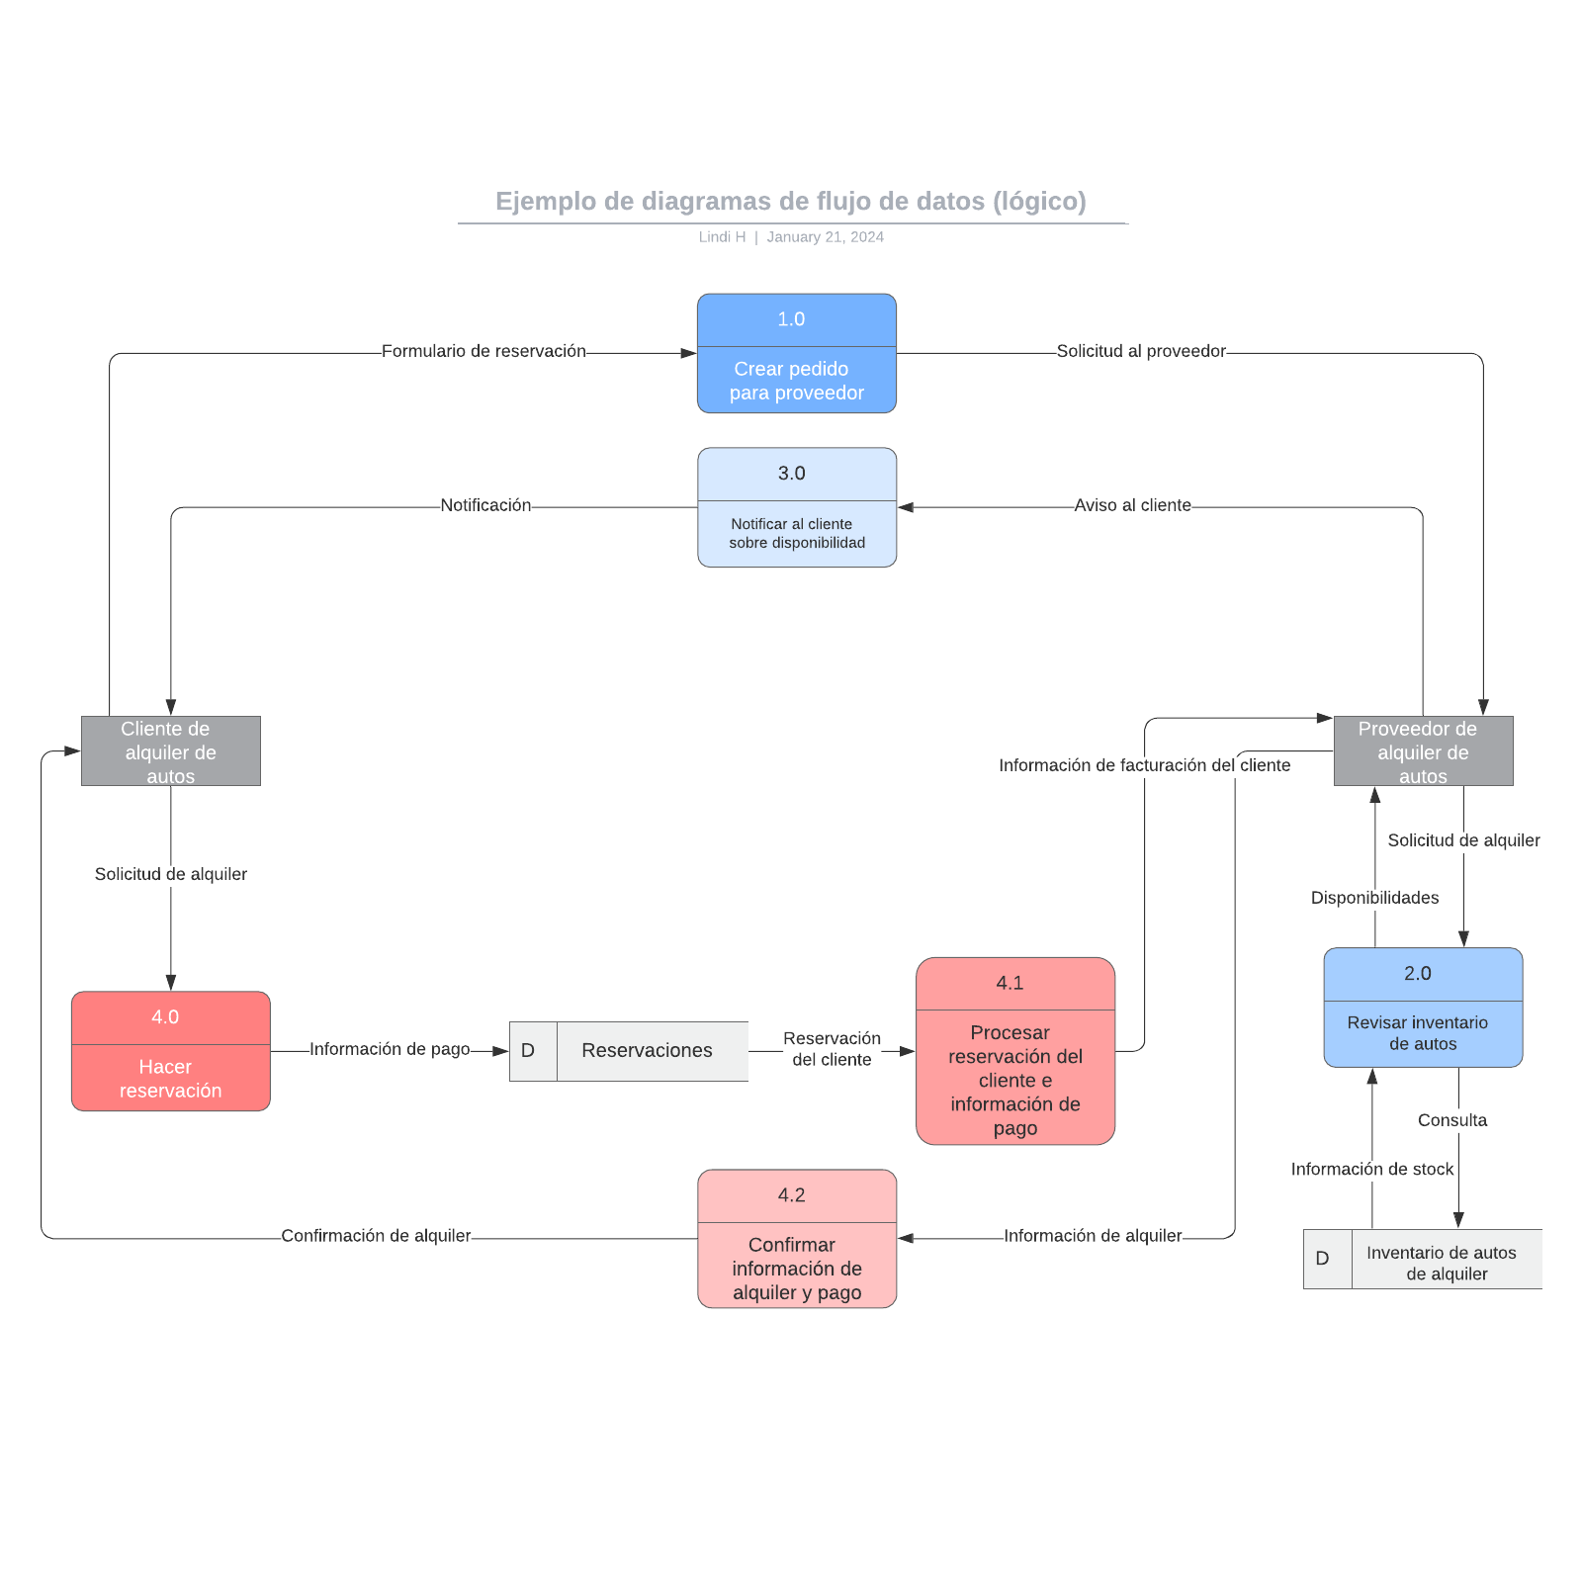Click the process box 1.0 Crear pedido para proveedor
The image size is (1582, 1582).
click(x=796, y=353)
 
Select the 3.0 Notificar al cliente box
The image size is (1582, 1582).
click(x=796, y=507)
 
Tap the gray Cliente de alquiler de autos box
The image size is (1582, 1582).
click(x=170, y=751)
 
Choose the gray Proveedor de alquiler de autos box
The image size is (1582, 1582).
click(x=1423, y=751)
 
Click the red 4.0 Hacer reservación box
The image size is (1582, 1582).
click(x=170, y=1051)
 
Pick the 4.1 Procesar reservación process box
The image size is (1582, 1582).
click(x=1014, y=1051)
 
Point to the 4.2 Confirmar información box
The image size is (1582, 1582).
click(x=796, y=1239)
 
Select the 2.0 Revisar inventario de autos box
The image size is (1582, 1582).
click(x=1423, y=1008)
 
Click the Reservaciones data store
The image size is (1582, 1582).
click(x=629, y=1051)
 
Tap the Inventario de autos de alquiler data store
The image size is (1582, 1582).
click(x=1423, y=1259)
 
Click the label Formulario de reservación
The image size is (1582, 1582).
click(x=483, y=351)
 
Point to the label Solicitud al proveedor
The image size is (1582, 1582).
click(x=1141, y=351)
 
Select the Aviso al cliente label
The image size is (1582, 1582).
click(x=1132, y=505)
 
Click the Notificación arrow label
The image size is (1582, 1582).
click(x=485, y=505)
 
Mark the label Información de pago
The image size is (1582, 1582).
click(x=390, y=1049)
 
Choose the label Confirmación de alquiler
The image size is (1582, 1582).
click(x=376, y=1236)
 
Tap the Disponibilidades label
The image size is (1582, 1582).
click(x=1374, y=898)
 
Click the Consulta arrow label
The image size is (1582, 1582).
click(x=1451, y=1120)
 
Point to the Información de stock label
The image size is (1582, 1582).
click(x=1372, y=1169)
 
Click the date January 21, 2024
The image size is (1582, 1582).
click(x=825, y=237)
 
